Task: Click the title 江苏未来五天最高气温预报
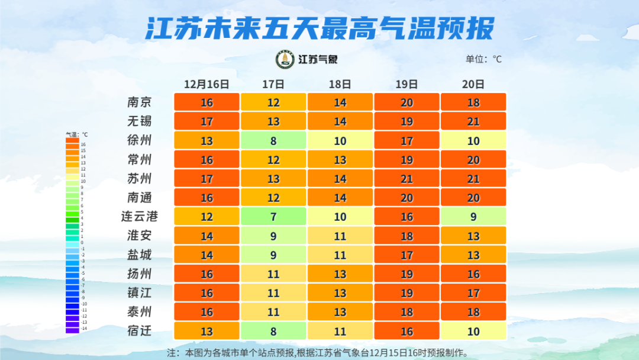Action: [x=319, y=28]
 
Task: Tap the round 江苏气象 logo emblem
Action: [x=285, y=59]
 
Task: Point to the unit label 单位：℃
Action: [x=483, y=59]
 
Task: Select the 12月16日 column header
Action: [x=206, y=84]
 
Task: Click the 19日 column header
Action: [x=406, y=84]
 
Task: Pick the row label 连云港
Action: [x=140, y=217]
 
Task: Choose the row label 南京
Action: [x=140, y=102]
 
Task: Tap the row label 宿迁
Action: [x=140, y=331]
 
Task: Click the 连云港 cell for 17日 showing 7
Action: [x=273, y=217]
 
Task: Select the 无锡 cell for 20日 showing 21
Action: [x=473, y=121]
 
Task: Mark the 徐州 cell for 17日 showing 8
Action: [x=273, y=140]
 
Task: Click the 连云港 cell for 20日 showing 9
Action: [x=473, y=217]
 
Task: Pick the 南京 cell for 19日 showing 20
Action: [x=406, y=102]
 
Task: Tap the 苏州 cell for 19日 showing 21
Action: [x=406, y=179]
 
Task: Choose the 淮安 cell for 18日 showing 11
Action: [x=340, y=236]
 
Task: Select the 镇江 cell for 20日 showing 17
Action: [x=473, y=293]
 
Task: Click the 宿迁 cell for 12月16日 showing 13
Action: [x=206, y=331]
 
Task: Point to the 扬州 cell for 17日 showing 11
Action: [x=273, y=274]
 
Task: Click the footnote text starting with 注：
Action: [x=319, y=353]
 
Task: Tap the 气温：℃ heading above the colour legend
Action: [x=76, y=134]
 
